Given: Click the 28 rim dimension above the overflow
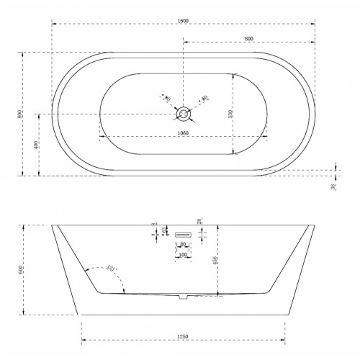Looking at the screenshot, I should [x=197, y=221].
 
